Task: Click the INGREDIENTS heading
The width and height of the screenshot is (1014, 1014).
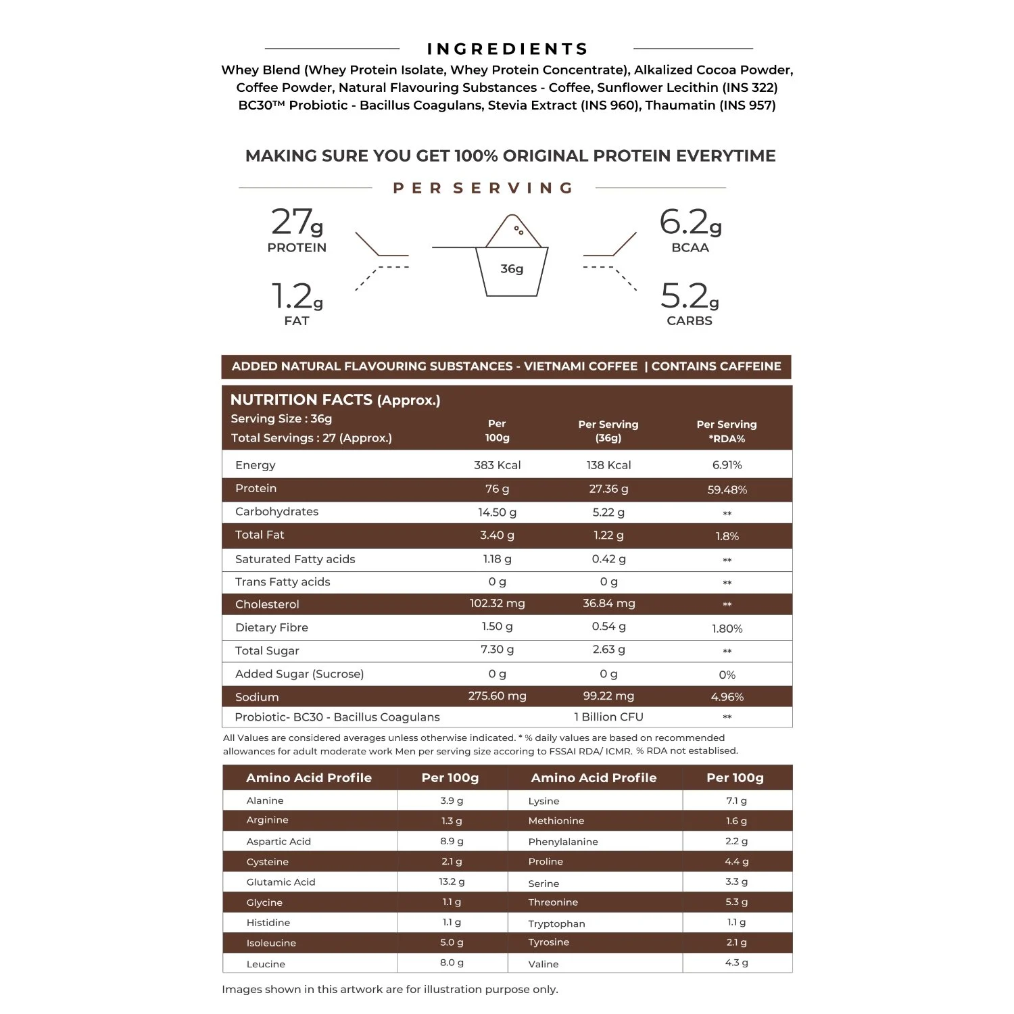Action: point(508,49)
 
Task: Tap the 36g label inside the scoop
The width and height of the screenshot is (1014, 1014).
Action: point(512,269)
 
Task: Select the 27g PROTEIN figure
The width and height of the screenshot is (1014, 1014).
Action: point(297,222)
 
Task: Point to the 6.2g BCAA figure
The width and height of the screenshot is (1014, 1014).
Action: point(690,222)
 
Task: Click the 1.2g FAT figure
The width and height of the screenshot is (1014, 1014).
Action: point(297,297)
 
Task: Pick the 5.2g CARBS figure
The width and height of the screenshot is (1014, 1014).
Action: point(690,297)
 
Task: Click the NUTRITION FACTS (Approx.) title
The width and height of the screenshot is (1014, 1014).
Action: point(335,400)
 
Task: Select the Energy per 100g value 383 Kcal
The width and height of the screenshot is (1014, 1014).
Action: point(497,465)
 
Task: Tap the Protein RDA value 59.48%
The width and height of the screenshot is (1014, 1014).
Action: point(727,490)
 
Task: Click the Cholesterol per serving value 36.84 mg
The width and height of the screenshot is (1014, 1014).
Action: point(608,604)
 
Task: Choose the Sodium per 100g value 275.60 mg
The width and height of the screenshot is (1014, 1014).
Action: point(497,696)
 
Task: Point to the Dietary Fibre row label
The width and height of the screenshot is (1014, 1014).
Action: point(272,627)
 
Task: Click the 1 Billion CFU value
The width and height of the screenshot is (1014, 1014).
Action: point(608,717)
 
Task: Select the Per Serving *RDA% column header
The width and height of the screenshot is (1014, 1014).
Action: point(727,431)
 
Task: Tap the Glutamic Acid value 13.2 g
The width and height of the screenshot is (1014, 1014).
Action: point(452,882)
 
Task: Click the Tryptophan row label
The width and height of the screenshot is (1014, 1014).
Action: point(556,923)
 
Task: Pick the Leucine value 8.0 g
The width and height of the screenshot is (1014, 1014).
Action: point(452,963)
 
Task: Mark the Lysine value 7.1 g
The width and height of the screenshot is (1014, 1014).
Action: point(736,801)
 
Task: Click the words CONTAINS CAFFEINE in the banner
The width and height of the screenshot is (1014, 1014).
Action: point(716,366)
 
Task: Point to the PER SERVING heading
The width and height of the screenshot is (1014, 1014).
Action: point(483,188)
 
